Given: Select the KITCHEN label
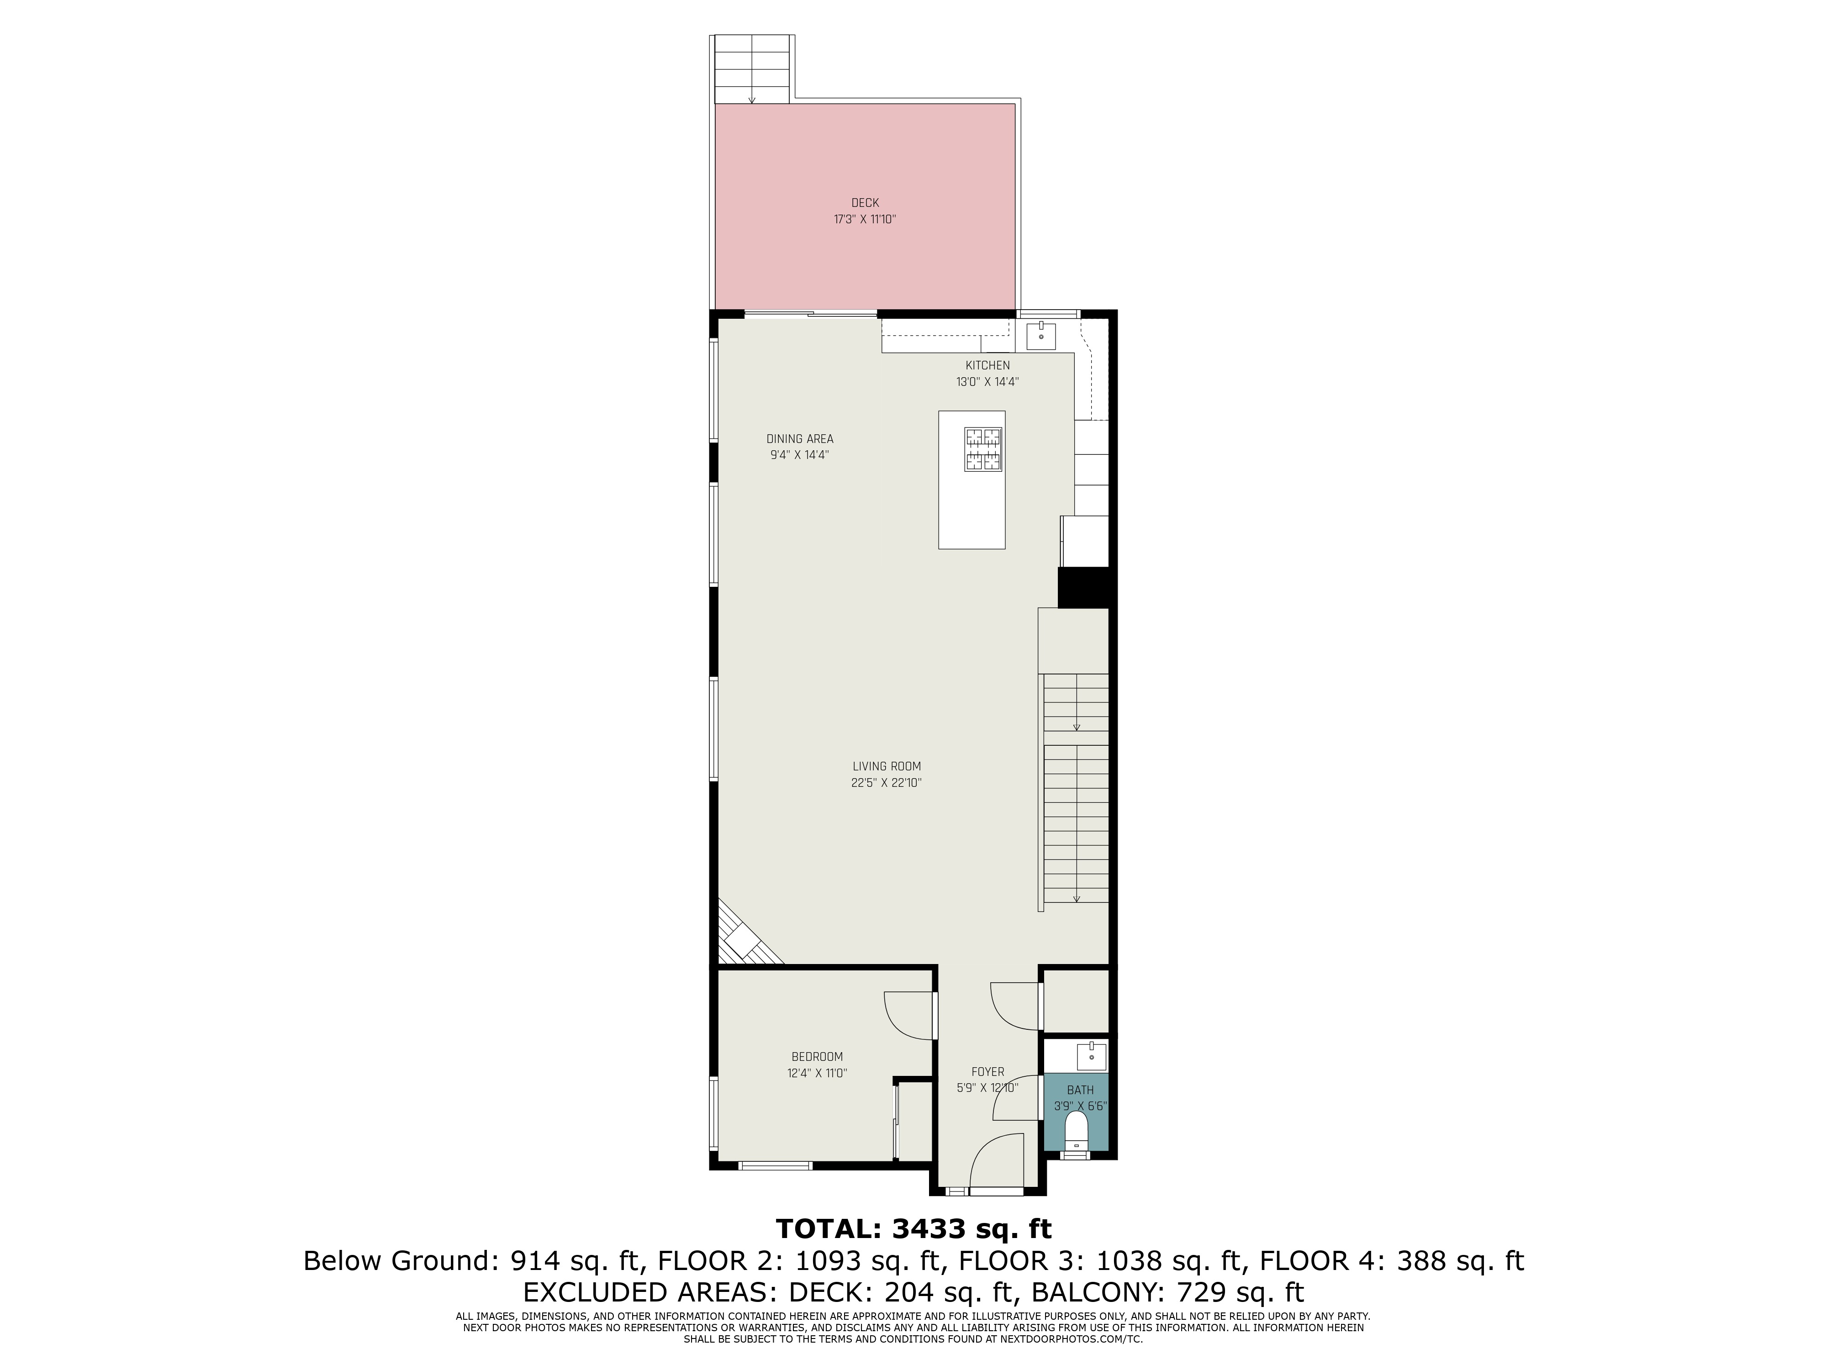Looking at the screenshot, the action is coord(988,365).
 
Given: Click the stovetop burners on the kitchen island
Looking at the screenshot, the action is coord(983,449).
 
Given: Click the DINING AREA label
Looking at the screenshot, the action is coord(799,438).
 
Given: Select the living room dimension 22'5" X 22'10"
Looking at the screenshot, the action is coord(886,783).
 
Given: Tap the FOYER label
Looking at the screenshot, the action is coord(988,1072).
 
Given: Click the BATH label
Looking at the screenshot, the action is coord(1080,1090).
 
